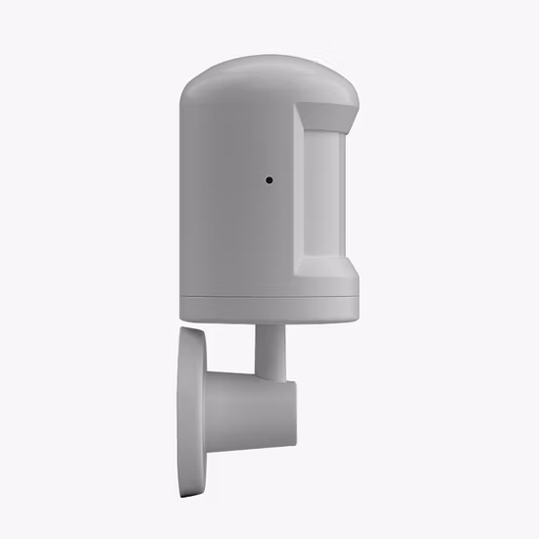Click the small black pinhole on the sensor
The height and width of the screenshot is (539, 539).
point(269,180)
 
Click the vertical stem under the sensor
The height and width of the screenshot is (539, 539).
point(269,348)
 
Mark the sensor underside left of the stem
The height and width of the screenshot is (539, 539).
point(220,321)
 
